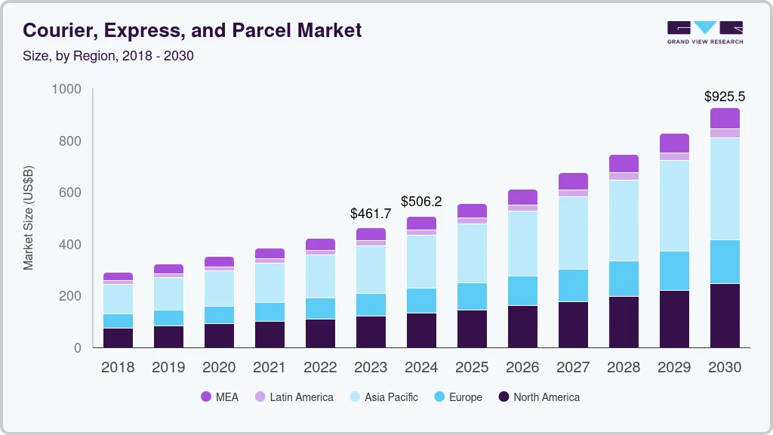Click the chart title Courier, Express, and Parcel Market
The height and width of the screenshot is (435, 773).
click(x=192, y=30)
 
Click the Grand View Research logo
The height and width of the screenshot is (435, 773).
click(x=704, y=32)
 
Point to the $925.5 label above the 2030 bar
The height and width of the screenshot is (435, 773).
click(x=724, y=97)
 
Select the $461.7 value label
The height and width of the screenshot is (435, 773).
click(x=371, y=214)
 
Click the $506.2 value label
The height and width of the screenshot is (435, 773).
click(x=421, y=202)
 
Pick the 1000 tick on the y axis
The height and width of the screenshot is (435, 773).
click(x=66, y=89)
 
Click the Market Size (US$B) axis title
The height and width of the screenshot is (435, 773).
click(x=29, y=218)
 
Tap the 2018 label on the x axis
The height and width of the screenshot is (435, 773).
click(x=118, y=367)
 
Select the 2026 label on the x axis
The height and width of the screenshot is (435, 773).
click(x=522, y=367)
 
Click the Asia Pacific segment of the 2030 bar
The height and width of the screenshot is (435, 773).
click(x=725, y=189)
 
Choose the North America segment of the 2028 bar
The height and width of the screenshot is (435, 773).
click(x=624, y=322)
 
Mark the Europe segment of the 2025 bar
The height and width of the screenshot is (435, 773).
click(x=472, y=296)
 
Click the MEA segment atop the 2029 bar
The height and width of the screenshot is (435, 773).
click(x=674, y=143)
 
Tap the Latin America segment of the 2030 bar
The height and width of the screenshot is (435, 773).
click(x=725, y=133)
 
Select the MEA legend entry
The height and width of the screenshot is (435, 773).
click(x=220, y=397)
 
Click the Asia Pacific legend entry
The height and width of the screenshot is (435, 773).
click(x=383, y=397)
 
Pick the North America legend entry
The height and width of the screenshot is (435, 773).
click(x=539, y=397)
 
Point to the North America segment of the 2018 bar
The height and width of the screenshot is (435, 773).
click(x=118, y=338)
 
